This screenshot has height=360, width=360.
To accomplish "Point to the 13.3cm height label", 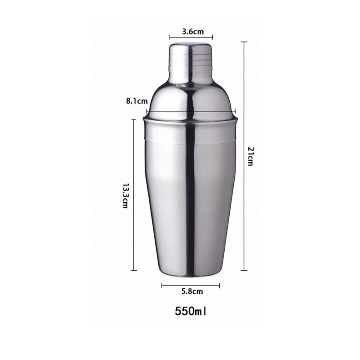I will (x=125, y=196).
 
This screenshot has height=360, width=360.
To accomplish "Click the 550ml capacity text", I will (x=191, y=310).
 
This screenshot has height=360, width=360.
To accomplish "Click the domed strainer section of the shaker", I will (x=191, y=99).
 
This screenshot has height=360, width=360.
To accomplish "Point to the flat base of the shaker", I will (x=190, y=275).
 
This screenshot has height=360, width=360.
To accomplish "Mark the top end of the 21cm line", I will (x=244, y=42).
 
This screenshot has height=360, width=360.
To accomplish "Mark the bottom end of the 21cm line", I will (x=244, y=270).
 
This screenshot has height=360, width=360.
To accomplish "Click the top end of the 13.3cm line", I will (x=134, y=120).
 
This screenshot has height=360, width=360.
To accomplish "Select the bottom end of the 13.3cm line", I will (x=134, y=270).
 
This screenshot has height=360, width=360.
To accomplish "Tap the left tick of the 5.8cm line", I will (x=162, y=285).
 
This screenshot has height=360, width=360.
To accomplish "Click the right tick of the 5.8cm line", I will (x=219, y=285).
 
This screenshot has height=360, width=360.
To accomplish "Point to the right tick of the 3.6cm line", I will (x=212, y=37).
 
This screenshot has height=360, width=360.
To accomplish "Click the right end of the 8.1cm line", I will (x=235, y=111).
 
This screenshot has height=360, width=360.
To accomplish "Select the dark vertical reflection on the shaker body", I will (x=191, y=194).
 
